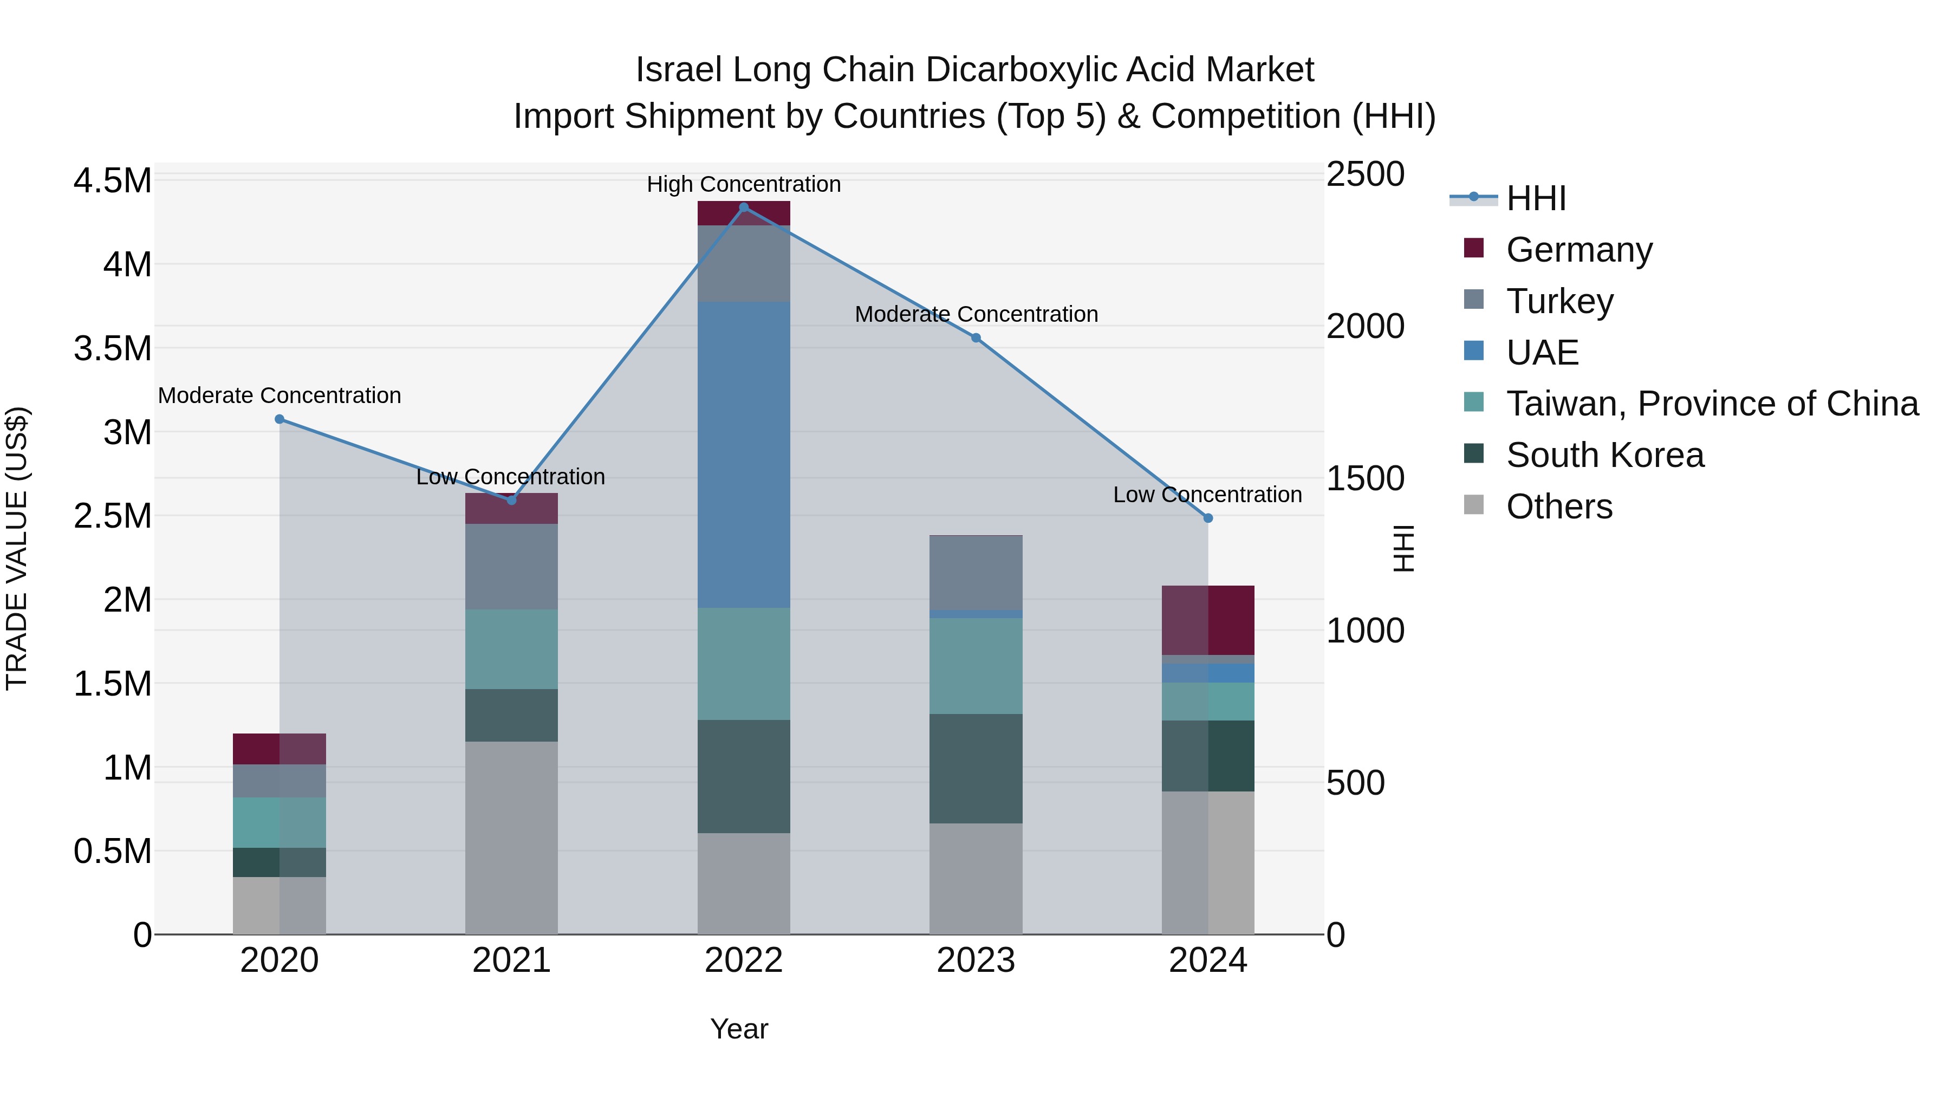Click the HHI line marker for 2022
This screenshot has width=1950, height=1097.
click(743, 207)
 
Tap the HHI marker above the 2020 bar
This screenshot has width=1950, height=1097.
click(279, 419)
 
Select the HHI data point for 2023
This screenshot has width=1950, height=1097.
click(976, 337)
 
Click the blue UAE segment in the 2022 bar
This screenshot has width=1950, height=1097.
click(743, 455)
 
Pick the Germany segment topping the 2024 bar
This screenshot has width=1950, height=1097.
click(1207, 619)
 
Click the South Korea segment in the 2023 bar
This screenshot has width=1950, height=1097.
click(976, 768)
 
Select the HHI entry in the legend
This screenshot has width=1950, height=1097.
click(1535, 198)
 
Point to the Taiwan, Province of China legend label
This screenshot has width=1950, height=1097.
click(1712, 404)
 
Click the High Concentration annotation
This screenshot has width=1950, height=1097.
click(743, 184)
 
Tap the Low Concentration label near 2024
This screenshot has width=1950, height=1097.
click(1207, 495)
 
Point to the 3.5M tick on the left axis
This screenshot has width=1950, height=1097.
click(112, 349)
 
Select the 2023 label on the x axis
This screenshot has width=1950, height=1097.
click(976, 960)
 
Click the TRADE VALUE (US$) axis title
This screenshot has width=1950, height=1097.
click(17, 548)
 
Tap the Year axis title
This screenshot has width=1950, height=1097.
click(739, 1029)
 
